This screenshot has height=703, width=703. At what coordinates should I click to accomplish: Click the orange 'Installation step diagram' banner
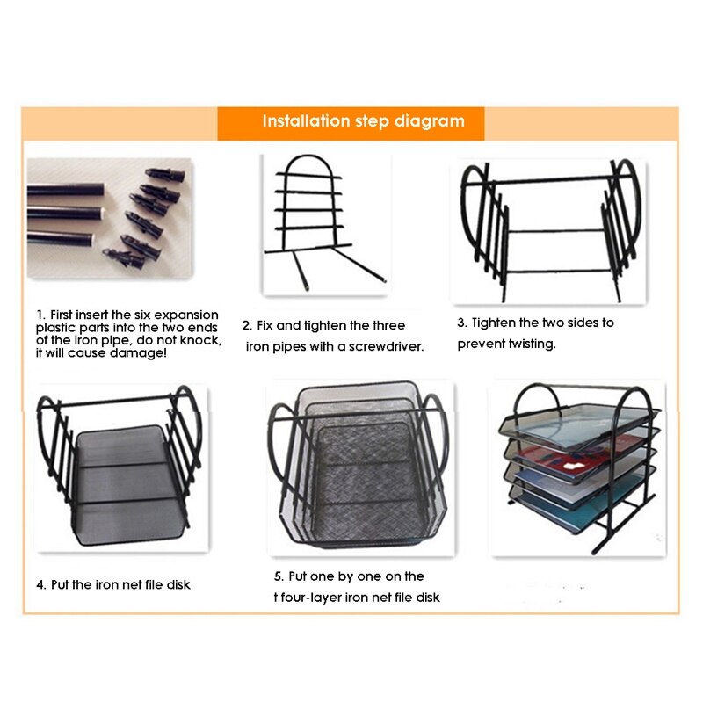[x=351, y=122]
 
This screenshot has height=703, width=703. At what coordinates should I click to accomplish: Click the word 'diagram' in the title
[x=431, y=121]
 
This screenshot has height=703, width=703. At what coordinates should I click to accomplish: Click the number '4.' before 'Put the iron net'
[x=41, y=583]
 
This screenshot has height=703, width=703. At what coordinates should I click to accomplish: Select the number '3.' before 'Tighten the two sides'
[x=462, y=323]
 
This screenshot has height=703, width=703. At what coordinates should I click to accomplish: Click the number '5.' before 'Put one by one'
[x=279, y=576]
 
